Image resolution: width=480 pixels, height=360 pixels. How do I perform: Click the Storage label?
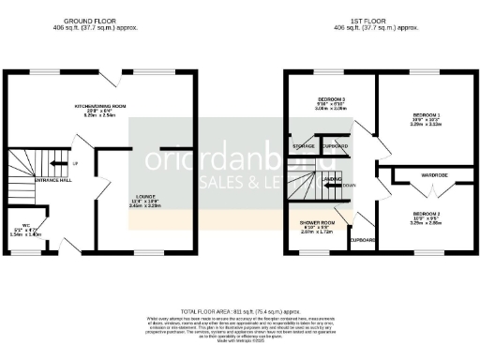(x=303, y=146)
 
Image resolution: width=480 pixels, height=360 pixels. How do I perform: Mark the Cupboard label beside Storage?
(x=335, y=146)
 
